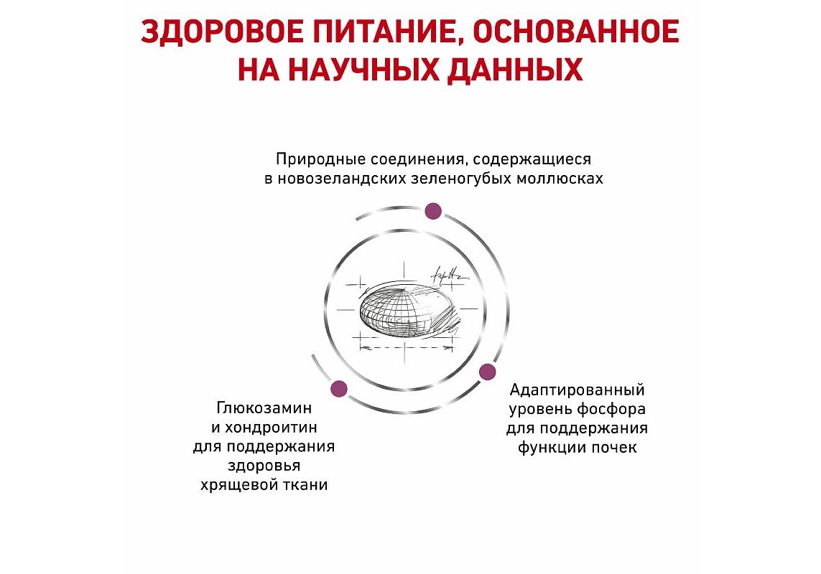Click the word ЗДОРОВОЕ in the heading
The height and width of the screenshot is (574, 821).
pyautogui.click(x=223, y=32)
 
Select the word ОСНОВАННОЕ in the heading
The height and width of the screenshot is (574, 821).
pyautogui.click(x=577, y=32)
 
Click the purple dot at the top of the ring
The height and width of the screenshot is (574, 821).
pyautogui.click(x=433, y=212)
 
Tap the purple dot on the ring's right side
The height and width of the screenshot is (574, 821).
pyautogui.click(x=488, y=372)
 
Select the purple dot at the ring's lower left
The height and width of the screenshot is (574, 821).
pyautogui.click(x=339, y=388)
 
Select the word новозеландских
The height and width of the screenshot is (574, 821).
pyautogui.click(x=342, y=179)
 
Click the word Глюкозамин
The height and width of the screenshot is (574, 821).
pyautogui.click(x=264, y=408)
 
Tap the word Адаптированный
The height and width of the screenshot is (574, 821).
pyautogui.click(x=577, y=390)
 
